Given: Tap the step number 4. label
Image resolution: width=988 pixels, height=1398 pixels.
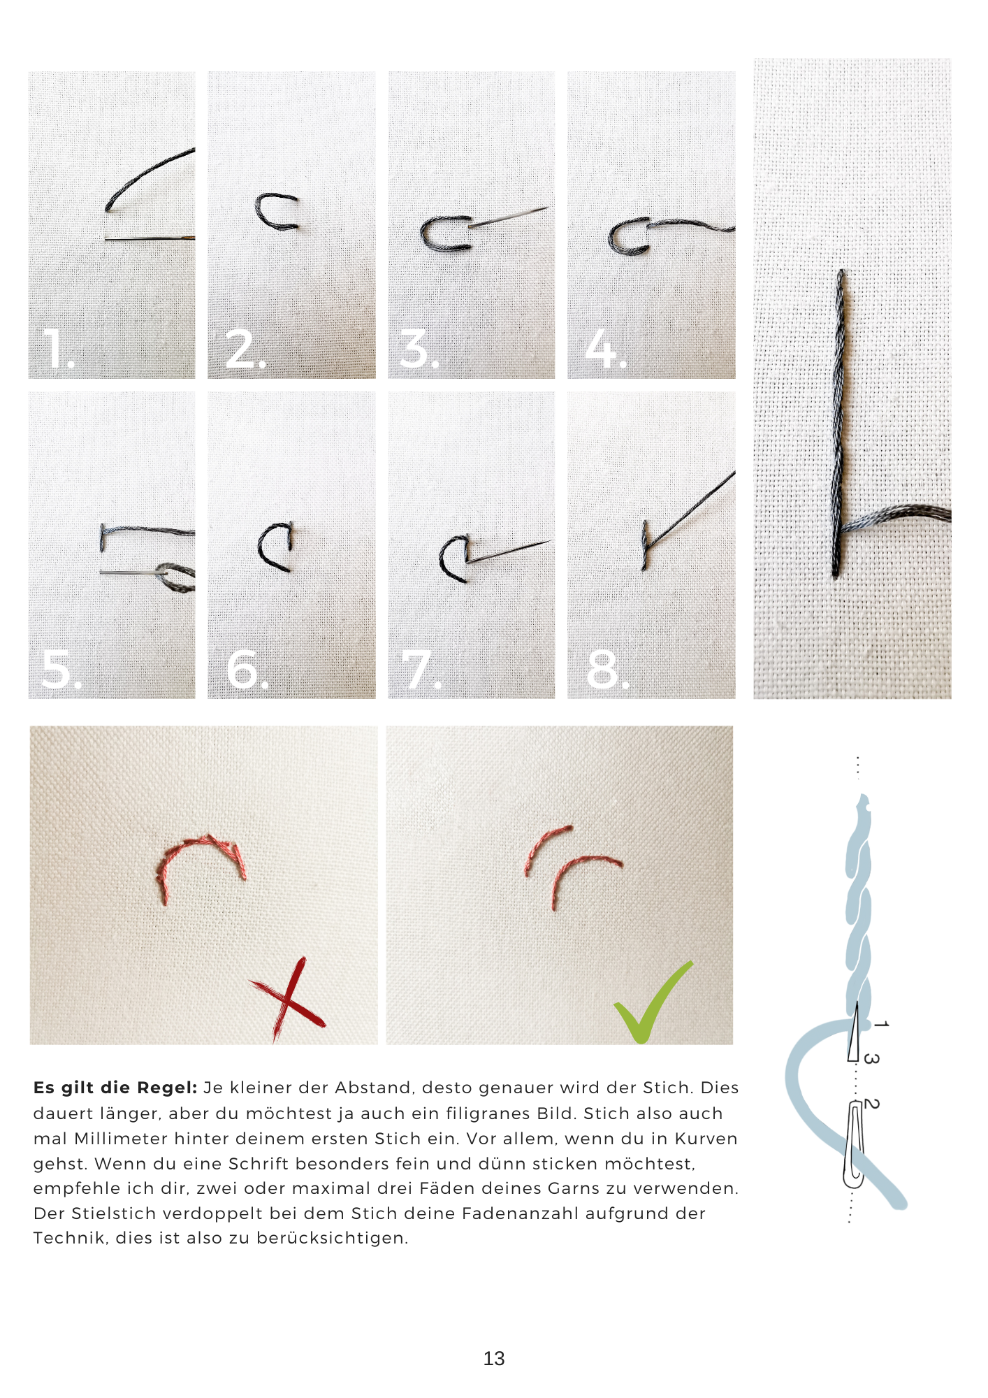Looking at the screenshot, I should (x=605, y=348).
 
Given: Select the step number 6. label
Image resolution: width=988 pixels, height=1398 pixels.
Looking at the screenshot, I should (x=247, y=669).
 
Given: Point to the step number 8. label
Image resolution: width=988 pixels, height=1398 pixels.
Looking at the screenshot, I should (x=606, y=669).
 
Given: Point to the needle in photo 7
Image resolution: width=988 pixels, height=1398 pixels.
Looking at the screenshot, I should (x=509, y=551).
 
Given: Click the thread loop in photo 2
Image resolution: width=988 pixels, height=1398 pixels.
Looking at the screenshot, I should (x=276, y=212).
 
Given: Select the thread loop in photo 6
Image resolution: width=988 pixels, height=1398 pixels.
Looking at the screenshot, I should (x=276, y=547).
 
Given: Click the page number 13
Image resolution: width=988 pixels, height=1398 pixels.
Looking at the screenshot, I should (x=493, y=1358).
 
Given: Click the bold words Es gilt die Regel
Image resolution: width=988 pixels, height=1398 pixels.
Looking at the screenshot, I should (x=115, y=1088).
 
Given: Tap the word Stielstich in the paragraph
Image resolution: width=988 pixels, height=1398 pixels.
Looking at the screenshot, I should (x=112, y=1213).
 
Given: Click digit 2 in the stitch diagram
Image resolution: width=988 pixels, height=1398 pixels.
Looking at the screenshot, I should (x=871, y=1104).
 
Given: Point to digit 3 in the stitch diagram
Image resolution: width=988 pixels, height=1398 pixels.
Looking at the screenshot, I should (x=871, y=1058).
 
